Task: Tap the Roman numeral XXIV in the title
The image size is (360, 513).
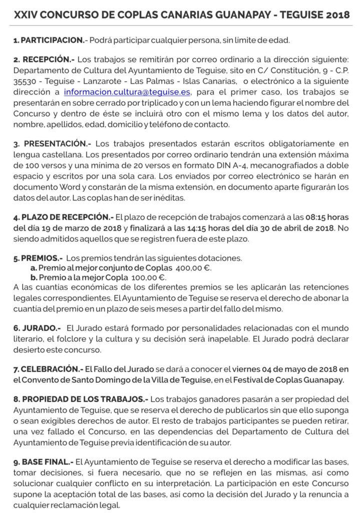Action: tap(25, 15)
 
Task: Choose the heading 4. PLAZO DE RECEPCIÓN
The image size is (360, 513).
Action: tap(63, 217)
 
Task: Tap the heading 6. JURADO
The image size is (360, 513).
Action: tap(38, 328)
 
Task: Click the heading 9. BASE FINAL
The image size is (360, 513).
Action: tap(44, 460)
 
